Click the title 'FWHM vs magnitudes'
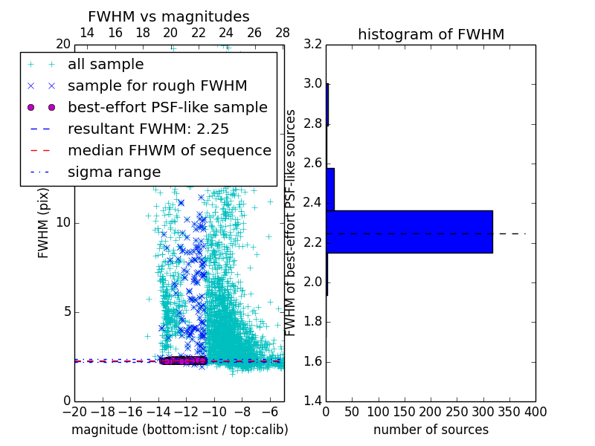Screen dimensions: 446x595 169,16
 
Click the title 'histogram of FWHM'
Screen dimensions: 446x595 431,34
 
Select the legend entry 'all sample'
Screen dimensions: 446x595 106,65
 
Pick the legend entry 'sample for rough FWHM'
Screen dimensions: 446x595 157,85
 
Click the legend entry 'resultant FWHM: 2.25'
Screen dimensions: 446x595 148,129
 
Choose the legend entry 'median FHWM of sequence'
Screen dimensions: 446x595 169,150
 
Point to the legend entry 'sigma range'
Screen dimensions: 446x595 114,172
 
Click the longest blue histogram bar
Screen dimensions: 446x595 409,231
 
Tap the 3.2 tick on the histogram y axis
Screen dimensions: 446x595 313,44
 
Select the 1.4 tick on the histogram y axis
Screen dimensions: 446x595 313,401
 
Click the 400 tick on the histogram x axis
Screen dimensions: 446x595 535,411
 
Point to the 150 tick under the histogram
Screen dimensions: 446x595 405,411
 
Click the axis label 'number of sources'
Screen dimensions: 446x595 431,430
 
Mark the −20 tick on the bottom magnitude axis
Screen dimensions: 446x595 74,411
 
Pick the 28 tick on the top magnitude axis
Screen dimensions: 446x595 283,33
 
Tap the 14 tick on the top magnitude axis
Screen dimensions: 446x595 87,33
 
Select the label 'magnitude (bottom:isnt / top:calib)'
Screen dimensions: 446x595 179,430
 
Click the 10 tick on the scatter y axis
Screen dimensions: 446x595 63,222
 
